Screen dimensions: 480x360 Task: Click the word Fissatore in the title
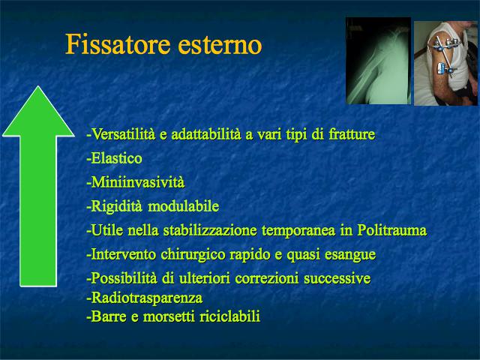(x=118, y=44)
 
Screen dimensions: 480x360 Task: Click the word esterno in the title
(x=220, y=45)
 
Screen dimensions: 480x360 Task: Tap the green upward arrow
(x=38, y=186)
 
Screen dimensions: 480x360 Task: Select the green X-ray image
(x=378, y=61)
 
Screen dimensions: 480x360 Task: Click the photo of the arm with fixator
(x=445, y=63)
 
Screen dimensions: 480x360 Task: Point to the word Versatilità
(x=123, y=134)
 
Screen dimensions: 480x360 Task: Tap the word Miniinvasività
(x=138, y=182)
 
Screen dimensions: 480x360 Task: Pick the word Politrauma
(x=392, y=230)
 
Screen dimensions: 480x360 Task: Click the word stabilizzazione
(x=210, y=230)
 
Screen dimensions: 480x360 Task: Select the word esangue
(x=350, y=255)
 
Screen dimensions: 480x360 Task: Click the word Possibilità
(x=124, y=278)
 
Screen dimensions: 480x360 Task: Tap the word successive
(x=337, y=278)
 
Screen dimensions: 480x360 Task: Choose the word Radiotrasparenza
(x=147, y=298)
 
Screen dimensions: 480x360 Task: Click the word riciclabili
(x=230, y=316)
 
